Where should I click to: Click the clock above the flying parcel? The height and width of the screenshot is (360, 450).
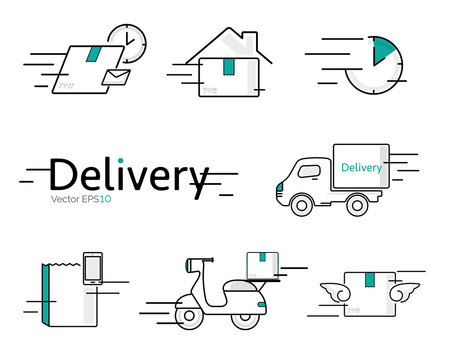(x=127, y=42)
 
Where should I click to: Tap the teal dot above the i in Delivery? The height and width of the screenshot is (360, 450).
(x=121, y=159)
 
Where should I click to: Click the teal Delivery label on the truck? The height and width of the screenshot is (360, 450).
(x=362, y=167)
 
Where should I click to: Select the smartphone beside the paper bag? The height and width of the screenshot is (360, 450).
(x=93, y=267)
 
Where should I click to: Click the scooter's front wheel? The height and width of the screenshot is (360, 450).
(x=189, y=317)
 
